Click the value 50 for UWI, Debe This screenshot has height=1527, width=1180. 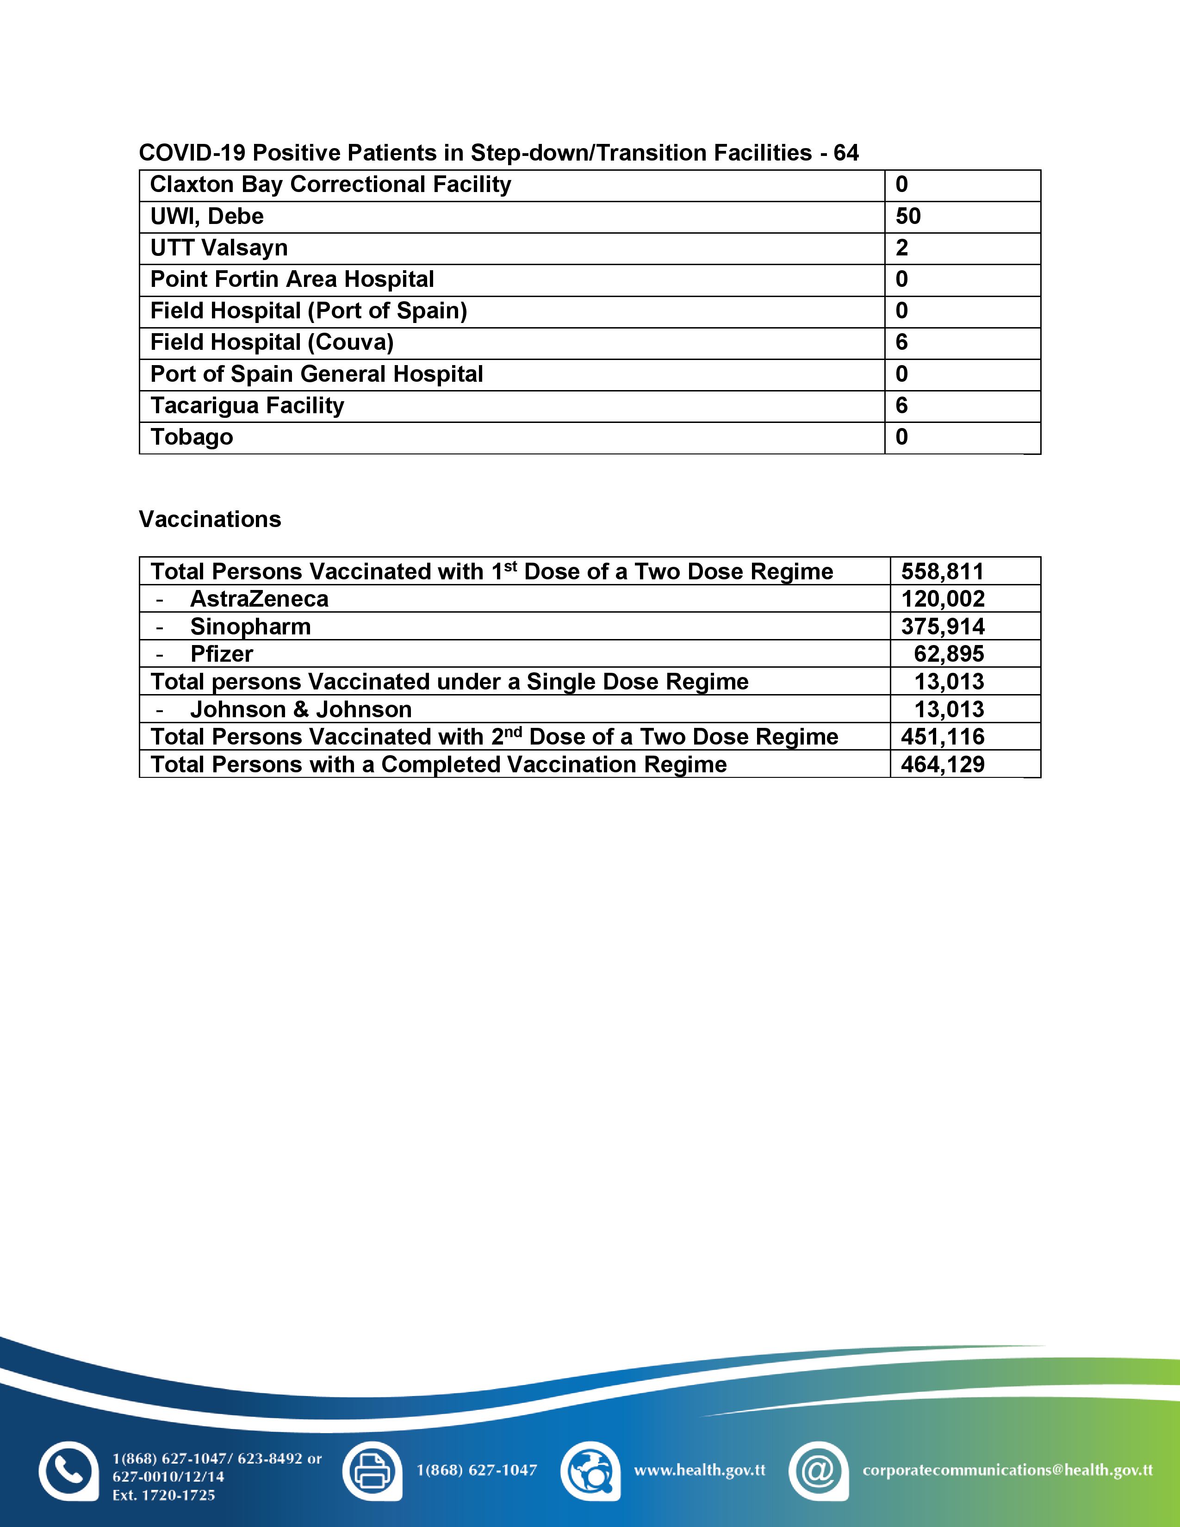tap(908, 217)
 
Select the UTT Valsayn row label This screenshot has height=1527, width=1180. tap(219, 248)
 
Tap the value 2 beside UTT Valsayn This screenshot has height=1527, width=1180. tap(902, 248)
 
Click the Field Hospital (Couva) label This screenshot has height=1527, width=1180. tap(272, 342)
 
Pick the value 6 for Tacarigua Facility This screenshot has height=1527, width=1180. tap(902, 405)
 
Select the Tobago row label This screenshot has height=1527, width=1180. tap(192, 437)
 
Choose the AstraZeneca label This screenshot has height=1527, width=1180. tap(259, 599)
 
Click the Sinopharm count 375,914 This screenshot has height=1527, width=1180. tap(942, 627)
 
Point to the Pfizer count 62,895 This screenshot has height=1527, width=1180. tap(949, 654)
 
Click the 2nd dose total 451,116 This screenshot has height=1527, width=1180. tap(942, 737)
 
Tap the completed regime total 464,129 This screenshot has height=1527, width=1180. tap(942, 764)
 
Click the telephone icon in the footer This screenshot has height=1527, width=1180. tap(68, 1471)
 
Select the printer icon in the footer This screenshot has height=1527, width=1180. tap(372, 1471)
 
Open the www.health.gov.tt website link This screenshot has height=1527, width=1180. tap(699, 1470)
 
